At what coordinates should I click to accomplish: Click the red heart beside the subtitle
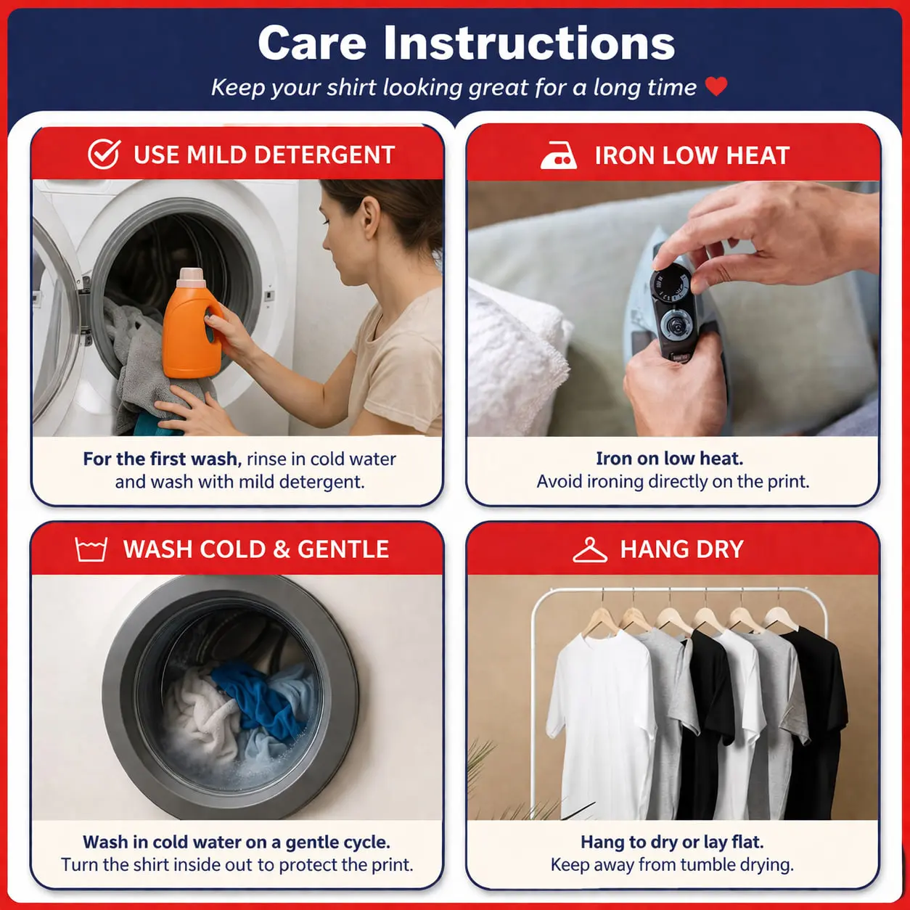coord(716,86)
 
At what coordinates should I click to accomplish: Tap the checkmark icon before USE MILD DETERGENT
coord(104,154)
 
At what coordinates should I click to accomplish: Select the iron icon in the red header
coord(558,155)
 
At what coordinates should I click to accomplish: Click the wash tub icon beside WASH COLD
coord(91,549)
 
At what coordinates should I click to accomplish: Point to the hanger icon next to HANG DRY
coord(590,549)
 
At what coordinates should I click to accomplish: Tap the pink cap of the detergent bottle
coord(190,276)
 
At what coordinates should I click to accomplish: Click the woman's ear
coord(370,217)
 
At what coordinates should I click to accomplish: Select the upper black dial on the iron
coord(670,283)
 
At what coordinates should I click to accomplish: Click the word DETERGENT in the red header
coord(324,155)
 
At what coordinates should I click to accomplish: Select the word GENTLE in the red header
coord(343,549)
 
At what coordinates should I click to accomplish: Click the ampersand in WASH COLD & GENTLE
coord(281,549)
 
